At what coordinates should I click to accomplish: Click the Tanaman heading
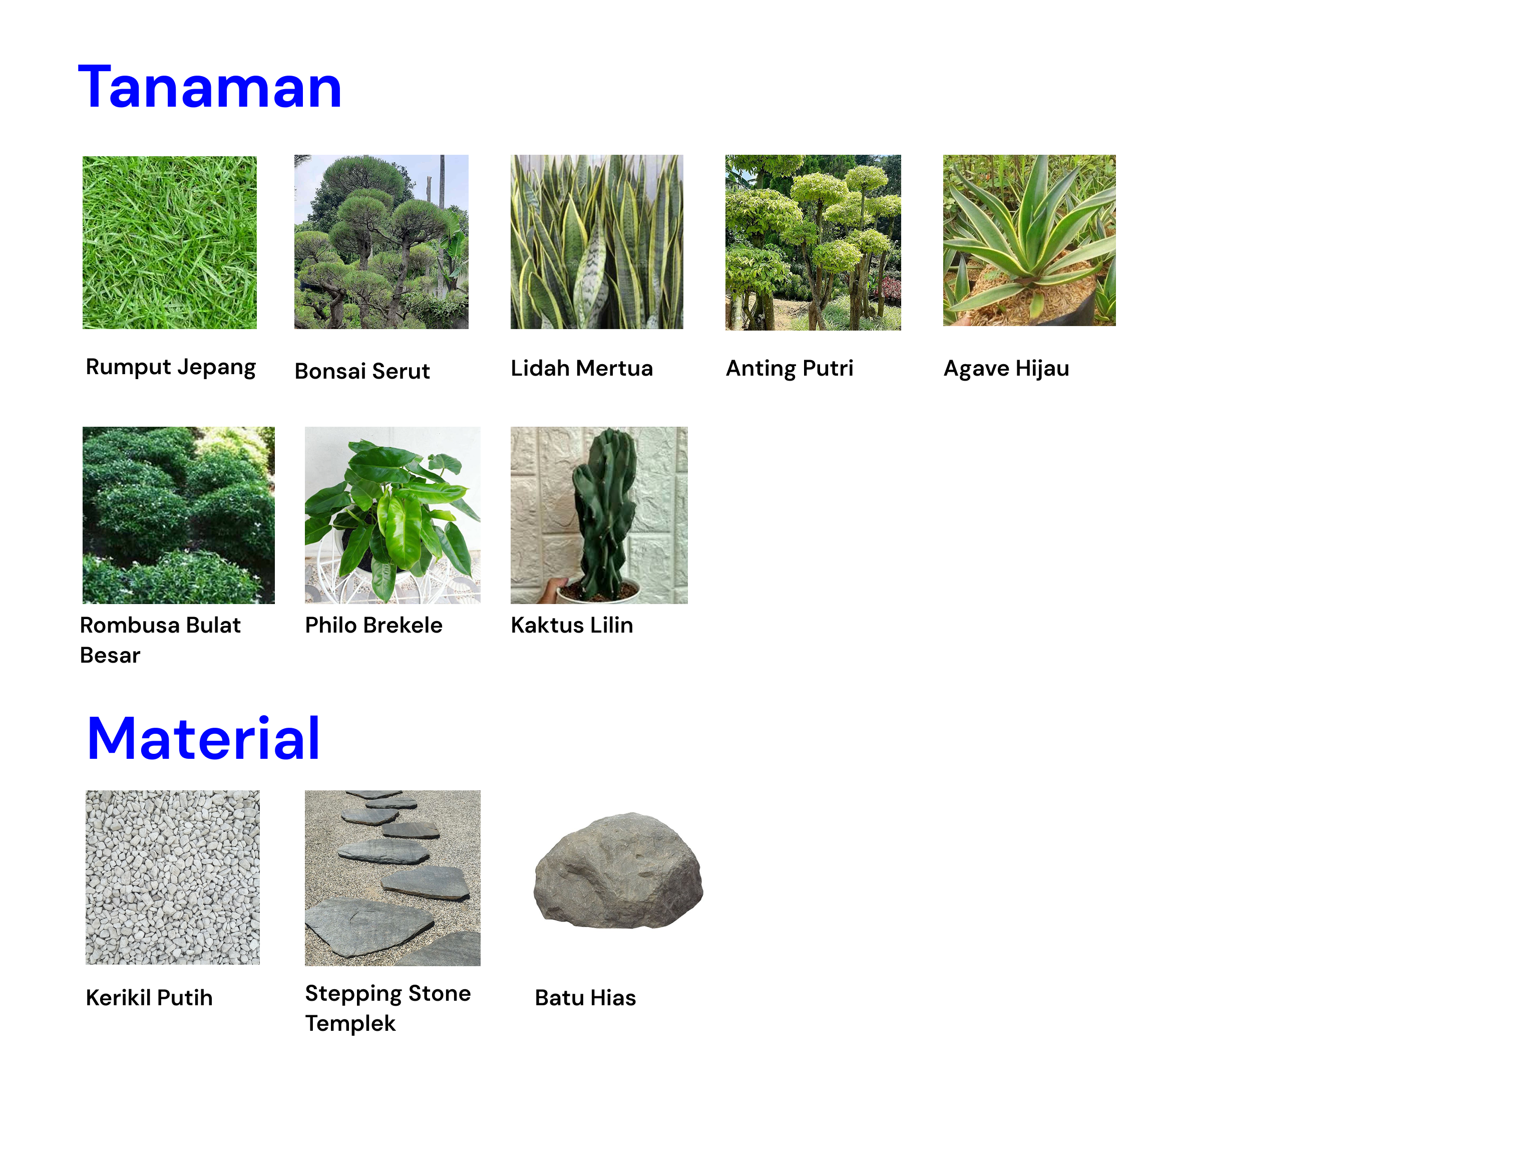coord(209,87)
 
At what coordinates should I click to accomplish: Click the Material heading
coord(203,738)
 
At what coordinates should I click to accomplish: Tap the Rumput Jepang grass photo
coord(170,242)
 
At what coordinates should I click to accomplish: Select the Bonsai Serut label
coord(362,371)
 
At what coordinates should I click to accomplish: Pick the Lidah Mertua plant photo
coord(597,241)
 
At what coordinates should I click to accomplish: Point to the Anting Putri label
coord(789,368)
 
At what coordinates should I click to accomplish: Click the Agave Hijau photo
coord(1029,240)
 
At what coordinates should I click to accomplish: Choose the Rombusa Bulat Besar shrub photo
coord(179,515)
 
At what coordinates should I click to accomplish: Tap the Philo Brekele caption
coord(373,625)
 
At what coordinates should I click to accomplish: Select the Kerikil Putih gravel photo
coord(172,877)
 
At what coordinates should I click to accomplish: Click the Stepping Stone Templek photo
coord(392,878)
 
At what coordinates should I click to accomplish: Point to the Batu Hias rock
coord(618,870)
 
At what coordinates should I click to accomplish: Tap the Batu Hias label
coord(585,998)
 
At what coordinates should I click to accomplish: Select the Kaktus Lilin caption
coord(572,625)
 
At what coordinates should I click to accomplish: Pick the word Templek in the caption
coord(350,1024)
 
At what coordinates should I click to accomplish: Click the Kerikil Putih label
coord(149,998)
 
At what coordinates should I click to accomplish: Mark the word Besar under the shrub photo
coord(110,655)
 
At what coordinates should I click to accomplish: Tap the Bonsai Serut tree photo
coord(381,241)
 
